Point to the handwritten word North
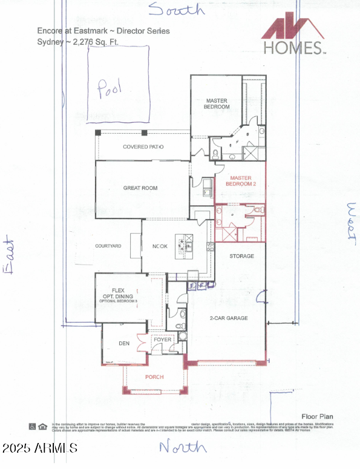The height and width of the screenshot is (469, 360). pos(183,447)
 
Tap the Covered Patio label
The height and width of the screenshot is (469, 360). pos(143,147)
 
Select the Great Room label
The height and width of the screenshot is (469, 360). pos(140,188)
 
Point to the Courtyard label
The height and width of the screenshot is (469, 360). pos(108,246)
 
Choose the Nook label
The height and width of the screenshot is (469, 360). pos(160,246)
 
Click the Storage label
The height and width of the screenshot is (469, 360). pos(241,256)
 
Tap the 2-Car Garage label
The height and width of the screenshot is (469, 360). pos(228,318)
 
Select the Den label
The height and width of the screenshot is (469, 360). pos(123,344)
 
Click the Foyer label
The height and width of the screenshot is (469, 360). pos(163,339)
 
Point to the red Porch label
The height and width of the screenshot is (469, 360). pos(155,377)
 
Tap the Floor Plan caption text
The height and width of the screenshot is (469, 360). pos(317,417)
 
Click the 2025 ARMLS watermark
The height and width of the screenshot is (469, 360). pos(39,448)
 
